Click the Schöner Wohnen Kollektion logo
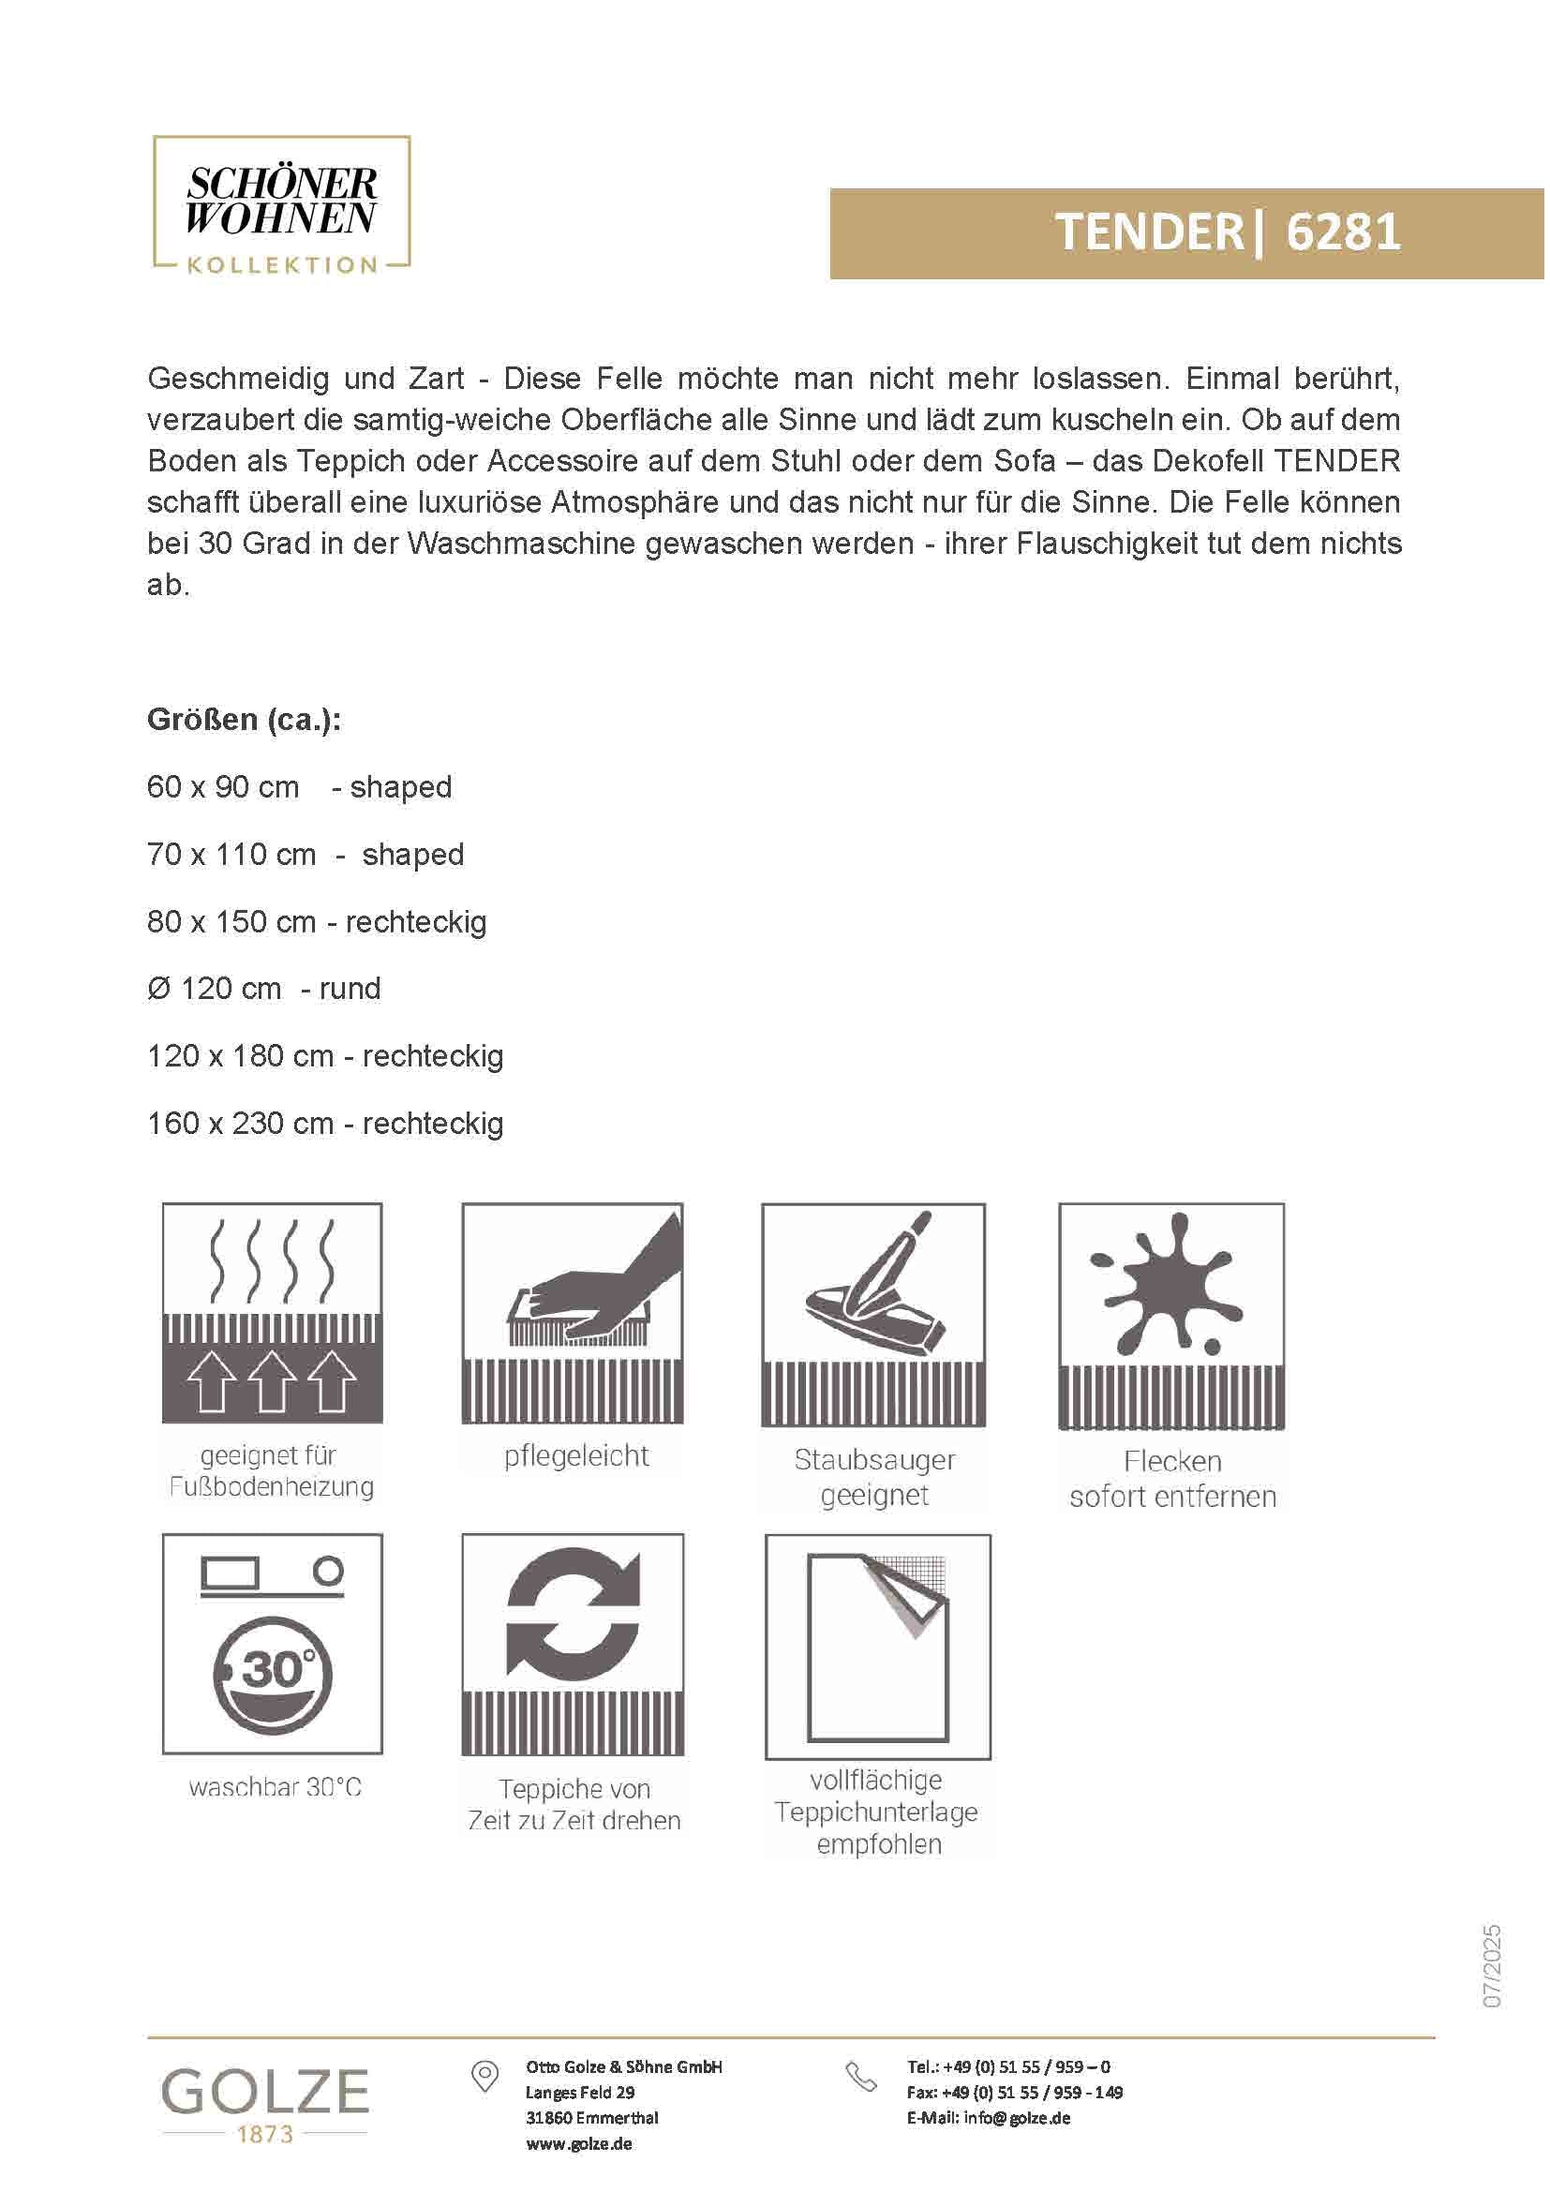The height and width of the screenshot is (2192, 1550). pos(281,205)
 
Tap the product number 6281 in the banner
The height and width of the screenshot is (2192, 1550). pos(1343,232)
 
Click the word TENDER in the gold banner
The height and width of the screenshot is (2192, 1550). pos(1148,232)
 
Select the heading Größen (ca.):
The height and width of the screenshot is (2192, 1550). pos(245,720)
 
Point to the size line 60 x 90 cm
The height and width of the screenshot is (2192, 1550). pos(223,787)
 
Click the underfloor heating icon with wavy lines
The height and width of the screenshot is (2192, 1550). pos(272,1313)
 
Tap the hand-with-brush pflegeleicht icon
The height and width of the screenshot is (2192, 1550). pos(573,1313)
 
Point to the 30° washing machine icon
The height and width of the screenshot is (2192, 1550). pos(272,1644)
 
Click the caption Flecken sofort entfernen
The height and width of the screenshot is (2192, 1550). pos(1172,1479)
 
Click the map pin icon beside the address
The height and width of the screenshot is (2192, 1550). pos(484,2076)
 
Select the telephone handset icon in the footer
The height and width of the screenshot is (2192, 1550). pos(861,2077)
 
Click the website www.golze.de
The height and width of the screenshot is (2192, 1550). pos(578,2144)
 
